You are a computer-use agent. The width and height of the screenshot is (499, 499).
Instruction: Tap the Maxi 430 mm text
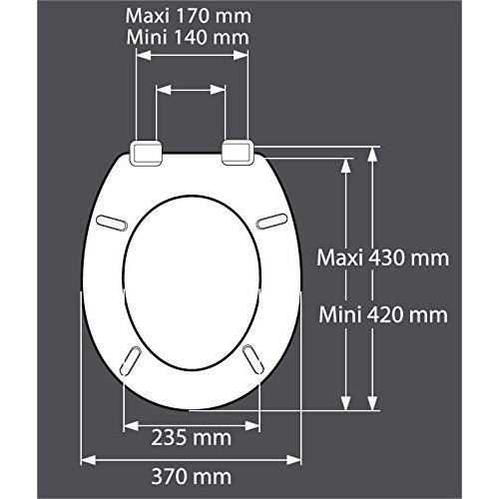(383, 256)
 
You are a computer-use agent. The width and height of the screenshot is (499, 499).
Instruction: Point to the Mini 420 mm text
(383, 315)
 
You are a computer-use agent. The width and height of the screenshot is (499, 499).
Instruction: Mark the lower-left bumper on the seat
(133, 356)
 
